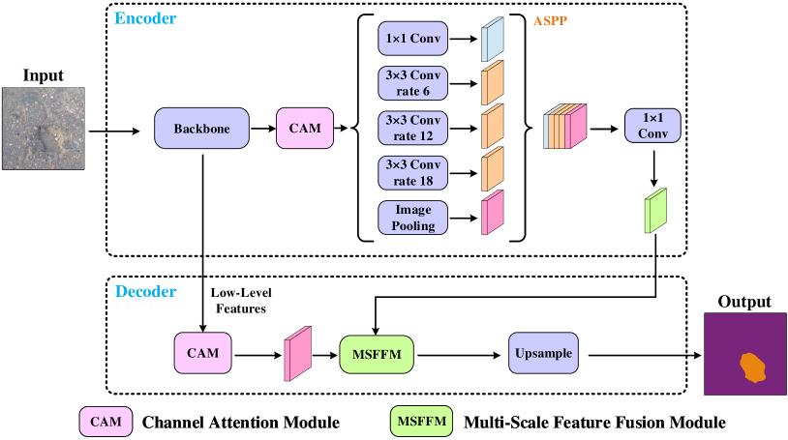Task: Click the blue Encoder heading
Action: tap(145, 18)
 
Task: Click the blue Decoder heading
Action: tap(145, 291)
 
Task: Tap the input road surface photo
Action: tap(43, 128)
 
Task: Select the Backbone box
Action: tap(201, 128)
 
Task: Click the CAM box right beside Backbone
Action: tap(305, 128)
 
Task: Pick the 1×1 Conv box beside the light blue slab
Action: tap(412, 39)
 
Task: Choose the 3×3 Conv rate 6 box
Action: tap(412, 83)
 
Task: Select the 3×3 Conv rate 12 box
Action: tap(412, 128)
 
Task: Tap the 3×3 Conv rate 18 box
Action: tap(412, 172)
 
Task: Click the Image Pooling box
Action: tap(412, 218)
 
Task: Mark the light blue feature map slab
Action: tap(493, 40)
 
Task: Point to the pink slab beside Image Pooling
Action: tap(493, 213)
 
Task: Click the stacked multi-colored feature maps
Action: tap(565, 127)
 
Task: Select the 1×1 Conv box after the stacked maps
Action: tap(652, 126)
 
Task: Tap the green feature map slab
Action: tap(656, 211)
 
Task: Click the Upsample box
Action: tap(543, 353)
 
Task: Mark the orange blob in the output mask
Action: tap(752, 367)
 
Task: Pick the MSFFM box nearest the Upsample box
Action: tap(377, 355)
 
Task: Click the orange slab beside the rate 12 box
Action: tap(493, 126)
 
